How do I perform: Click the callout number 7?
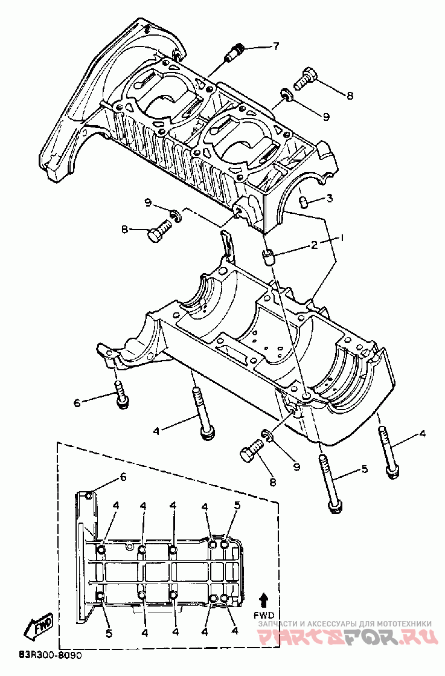(275, 46)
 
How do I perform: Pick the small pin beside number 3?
(305, 201)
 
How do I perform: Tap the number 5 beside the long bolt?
(363, 468)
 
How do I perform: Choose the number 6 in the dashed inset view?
(124, 477)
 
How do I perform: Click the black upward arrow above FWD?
(264, 599)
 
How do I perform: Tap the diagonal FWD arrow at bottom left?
(39, 627)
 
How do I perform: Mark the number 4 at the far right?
(422, 434)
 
